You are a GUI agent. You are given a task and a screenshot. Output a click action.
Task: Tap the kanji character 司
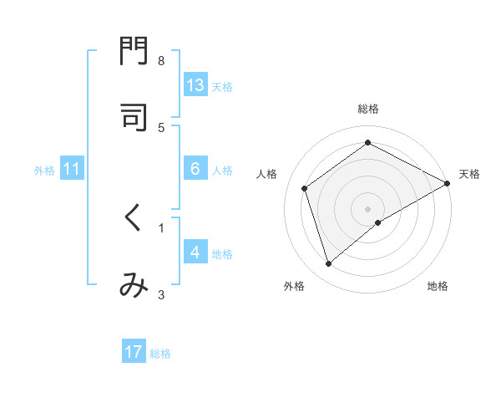(134, 117)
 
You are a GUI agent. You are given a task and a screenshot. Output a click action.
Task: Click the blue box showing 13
(195, 85)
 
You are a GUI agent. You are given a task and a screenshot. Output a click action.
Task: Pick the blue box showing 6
(195, 169)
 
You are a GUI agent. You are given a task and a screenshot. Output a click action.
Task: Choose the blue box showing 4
(195, 253)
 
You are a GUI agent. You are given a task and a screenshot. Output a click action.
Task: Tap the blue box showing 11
(72, 169)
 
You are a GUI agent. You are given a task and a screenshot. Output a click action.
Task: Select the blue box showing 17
(134, 352)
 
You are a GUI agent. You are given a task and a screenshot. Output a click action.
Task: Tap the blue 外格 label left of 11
(44, 170)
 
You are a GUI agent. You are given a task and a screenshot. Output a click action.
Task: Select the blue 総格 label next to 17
(160, 353)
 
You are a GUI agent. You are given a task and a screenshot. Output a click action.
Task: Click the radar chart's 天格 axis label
(469, 174)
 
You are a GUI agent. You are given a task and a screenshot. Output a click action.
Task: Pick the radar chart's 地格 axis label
(438, 286)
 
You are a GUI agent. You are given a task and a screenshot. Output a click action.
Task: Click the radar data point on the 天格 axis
(448, 183)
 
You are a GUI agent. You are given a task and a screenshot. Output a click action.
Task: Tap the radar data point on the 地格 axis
(378, 222)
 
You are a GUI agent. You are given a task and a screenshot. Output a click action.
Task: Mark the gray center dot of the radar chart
(368, 208)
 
